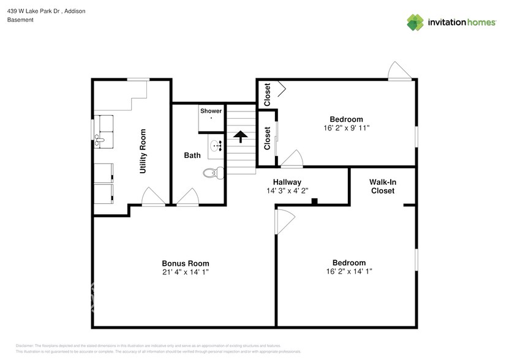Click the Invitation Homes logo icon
415,22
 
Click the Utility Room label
143,151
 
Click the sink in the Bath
216,146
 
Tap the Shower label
211,111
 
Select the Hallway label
287,182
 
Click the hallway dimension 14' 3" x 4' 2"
287,190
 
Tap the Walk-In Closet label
382,186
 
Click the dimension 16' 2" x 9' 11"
346,128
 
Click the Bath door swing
188,197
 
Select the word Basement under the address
20,20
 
